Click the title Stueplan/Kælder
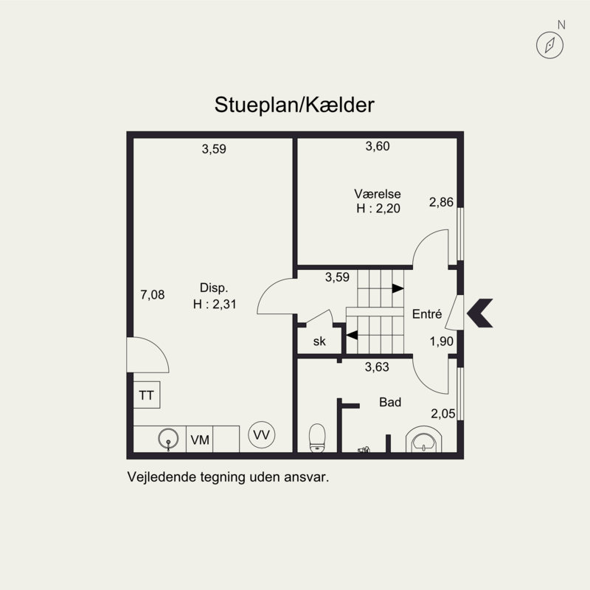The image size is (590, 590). (x=294, y=105)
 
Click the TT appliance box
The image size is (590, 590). (x=147, y=395)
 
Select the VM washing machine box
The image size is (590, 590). (x=200, y=440)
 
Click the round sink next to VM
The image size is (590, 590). (x=168, y=439)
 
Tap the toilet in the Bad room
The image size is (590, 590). (x=317, y=438)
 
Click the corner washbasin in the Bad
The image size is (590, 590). (x=423, y=439)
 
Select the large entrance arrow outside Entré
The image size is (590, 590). (x=480, y=313)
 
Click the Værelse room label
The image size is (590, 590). (x=378, y=194)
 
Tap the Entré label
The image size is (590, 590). (x=427, y=314)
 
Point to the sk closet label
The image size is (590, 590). (x=319, y=341)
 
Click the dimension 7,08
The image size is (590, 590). (x=153, y=294)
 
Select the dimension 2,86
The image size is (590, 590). (x=441, y=202)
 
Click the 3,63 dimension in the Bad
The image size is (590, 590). (x=377, y=367)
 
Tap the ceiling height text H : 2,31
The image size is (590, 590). (x=215, y=304)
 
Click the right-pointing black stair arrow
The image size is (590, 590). (x=398, y=288)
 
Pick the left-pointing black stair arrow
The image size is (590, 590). (x=352, y=335)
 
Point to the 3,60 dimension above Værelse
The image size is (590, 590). (x=378, y=146)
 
